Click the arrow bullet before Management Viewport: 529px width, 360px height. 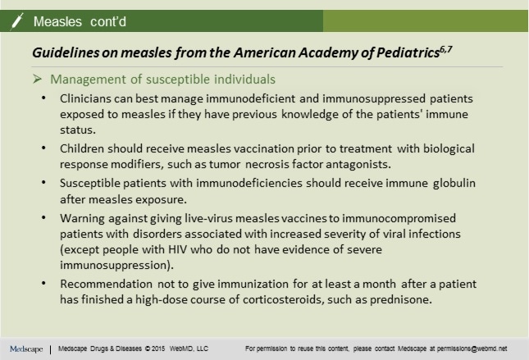click(x=38, y=80)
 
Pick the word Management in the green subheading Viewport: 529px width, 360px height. click(x=85, y=80)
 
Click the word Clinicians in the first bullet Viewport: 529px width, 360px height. click(x=88, y=98)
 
